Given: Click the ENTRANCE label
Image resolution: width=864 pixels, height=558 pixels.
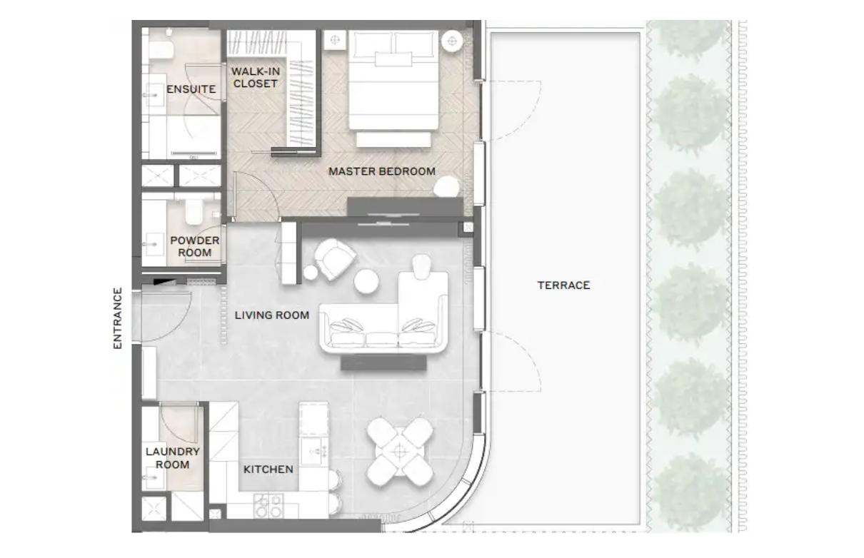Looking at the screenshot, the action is pos(118,318).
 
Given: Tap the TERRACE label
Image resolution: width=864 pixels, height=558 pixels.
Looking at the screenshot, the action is pos(563,285).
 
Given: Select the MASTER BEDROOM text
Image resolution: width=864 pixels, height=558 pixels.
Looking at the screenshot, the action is pos(382,171).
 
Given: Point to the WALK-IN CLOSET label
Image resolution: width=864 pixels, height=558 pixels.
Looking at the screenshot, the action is pos(256,77).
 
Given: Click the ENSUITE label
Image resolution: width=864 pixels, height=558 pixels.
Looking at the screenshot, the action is pos(191,89).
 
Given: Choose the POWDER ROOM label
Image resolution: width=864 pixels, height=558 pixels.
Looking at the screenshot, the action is pos(195,247).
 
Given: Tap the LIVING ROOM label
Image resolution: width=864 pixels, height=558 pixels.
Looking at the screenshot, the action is pos(272,315).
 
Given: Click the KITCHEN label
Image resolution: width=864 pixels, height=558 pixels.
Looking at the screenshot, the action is pos(268,470).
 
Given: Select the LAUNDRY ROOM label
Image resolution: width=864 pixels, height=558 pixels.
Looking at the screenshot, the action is pos(172,458).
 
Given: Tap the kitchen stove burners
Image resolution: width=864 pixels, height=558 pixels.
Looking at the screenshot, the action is pos(268,506).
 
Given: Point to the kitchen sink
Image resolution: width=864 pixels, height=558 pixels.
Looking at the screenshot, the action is pos(314,451).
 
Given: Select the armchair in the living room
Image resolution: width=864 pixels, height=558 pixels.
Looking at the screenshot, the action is pos(334,258).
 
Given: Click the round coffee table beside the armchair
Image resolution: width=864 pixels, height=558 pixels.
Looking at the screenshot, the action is pos(366,281).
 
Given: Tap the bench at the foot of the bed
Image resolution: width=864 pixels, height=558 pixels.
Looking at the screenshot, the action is pos(393,140).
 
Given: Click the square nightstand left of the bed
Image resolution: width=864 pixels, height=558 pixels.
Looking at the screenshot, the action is pos(335,40).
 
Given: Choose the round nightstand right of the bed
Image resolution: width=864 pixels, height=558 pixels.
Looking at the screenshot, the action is pos(452,41).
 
